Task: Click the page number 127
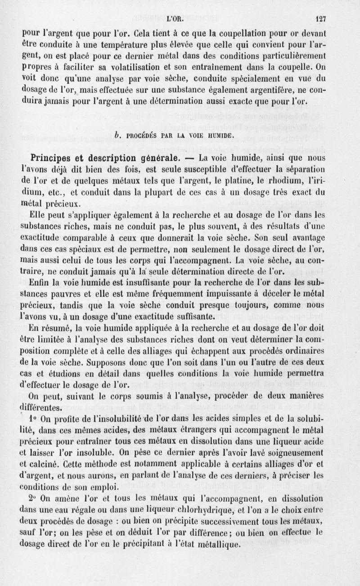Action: pos(320,19)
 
